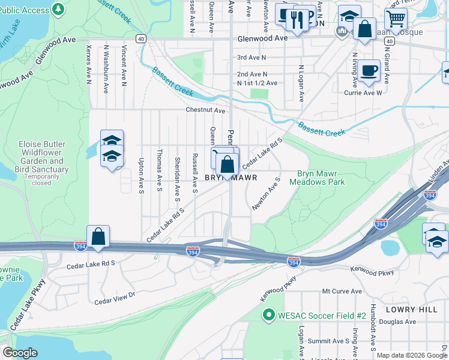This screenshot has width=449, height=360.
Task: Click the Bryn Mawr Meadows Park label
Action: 321,177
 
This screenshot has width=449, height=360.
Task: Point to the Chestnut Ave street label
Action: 205,110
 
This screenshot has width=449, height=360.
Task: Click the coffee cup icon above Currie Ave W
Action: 370,70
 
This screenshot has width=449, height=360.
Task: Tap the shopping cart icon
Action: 396,18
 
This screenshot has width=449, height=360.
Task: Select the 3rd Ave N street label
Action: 252,58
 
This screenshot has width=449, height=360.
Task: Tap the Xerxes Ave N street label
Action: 89,63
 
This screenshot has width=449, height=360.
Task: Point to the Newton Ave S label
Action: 266,193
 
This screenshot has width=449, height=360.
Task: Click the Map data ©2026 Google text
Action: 412,355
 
